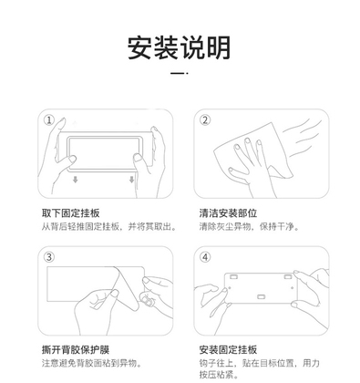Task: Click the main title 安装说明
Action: [179, 48]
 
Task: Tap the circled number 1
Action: [49, 120]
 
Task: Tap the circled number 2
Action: [205, 120]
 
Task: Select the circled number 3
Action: [49, 257]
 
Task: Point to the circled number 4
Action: [205, 257]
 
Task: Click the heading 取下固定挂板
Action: [71, 213]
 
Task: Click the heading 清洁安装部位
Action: [228, 213]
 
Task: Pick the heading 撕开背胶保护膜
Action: [76, 350]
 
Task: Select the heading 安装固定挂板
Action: [228, 350]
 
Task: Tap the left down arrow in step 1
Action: [75, 180]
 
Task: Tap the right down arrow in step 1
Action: [131, 180]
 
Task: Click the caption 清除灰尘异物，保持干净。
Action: [250, 226]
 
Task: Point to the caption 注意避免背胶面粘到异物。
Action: [93, 363]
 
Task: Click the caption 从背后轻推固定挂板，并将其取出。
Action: [109, 226]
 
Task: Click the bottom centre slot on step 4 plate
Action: [262, 297]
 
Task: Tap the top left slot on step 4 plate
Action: [233, 277]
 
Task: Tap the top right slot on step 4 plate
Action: [288, 277]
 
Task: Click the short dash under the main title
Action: [178, 73]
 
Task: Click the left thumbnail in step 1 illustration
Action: [73, 159]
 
